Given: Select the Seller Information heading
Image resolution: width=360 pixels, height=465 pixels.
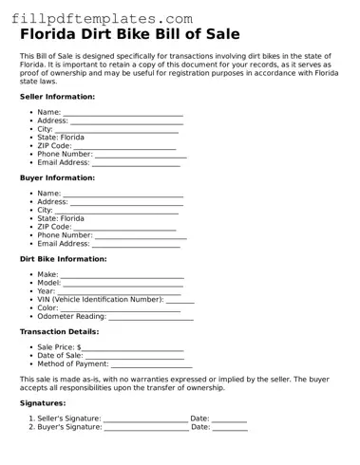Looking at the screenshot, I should (x=57, y=97).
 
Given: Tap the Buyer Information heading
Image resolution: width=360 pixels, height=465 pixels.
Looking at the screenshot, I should (x=57, y=177).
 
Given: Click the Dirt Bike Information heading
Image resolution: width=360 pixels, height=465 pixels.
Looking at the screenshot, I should (x=63, y=259).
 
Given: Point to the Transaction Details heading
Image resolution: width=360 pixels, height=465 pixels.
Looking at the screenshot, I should (x=59, y=332).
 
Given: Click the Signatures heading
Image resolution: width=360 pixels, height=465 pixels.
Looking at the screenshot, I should (x=43, y=403).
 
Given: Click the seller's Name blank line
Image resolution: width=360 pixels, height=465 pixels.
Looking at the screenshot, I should (x=123, y=114).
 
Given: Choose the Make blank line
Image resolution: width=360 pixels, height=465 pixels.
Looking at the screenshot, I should (x=123, y=275).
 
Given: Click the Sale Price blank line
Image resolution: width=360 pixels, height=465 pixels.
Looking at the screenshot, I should (x=132, y=349).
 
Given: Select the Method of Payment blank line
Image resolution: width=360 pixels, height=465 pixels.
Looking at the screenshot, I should (x=151, y=364).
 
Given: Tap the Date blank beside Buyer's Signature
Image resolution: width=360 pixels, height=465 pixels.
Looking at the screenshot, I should (x=230, y=428).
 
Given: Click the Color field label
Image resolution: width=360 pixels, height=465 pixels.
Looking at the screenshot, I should (x=47, y=308).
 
